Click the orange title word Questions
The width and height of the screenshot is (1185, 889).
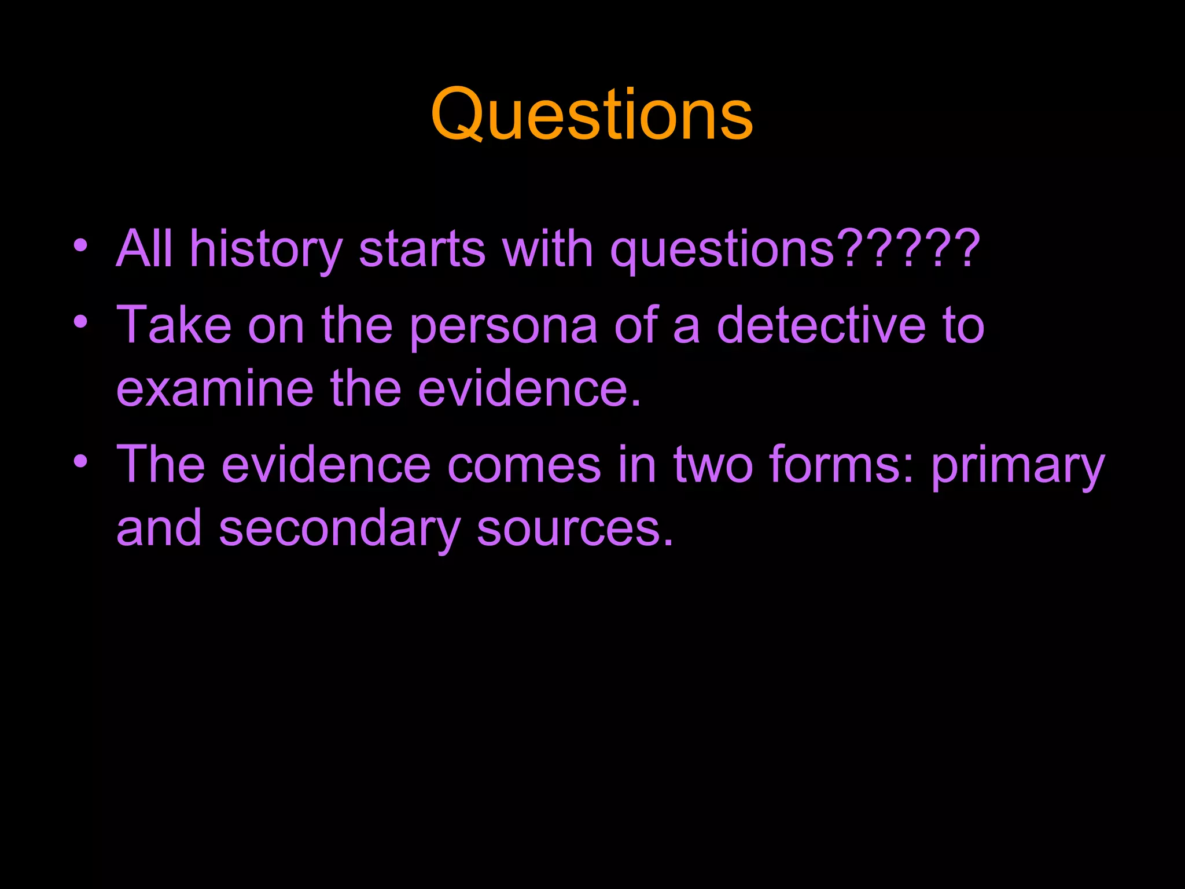591,115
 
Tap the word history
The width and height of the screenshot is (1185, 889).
266,249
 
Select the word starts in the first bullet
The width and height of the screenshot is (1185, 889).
422,249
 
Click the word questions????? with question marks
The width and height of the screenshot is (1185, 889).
795,249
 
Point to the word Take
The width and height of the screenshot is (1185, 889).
174,325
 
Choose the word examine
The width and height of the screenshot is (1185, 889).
215,389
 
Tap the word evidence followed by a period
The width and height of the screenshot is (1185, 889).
529,389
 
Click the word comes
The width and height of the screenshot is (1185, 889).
524,465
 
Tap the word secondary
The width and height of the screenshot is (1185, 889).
340,529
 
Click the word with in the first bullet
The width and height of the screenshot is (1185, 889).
547,249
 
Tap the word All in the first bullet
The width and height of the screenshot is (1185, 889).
144,249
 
